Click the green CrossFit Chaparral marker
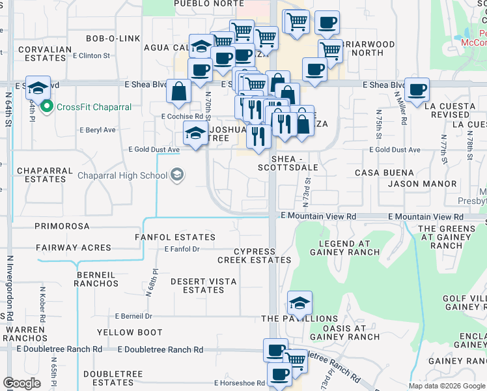pos(46,107)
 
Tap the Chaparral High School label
pos(122,175)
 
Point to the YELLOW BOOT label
pos(130,332)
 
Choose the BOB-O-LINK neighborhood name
pos(113,38)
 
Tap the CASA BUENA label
pos(384,173)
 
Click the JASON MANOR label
pos(422,184)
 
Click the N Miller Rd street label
pos(400,109)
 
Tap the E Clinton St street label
pos(91,55)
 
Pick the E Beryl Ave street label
pos(97,130)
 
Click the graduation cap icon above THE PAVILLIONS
pos(299,302)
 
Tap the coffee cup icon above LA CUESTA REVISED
pos(417,89)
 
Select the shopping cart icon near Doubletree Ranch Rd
pos(296,360)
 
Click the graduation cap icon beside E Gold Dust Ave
pos(195,134)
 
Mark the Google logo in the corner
pos(21,383)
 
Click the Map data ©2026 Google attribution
pos(446,386)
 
